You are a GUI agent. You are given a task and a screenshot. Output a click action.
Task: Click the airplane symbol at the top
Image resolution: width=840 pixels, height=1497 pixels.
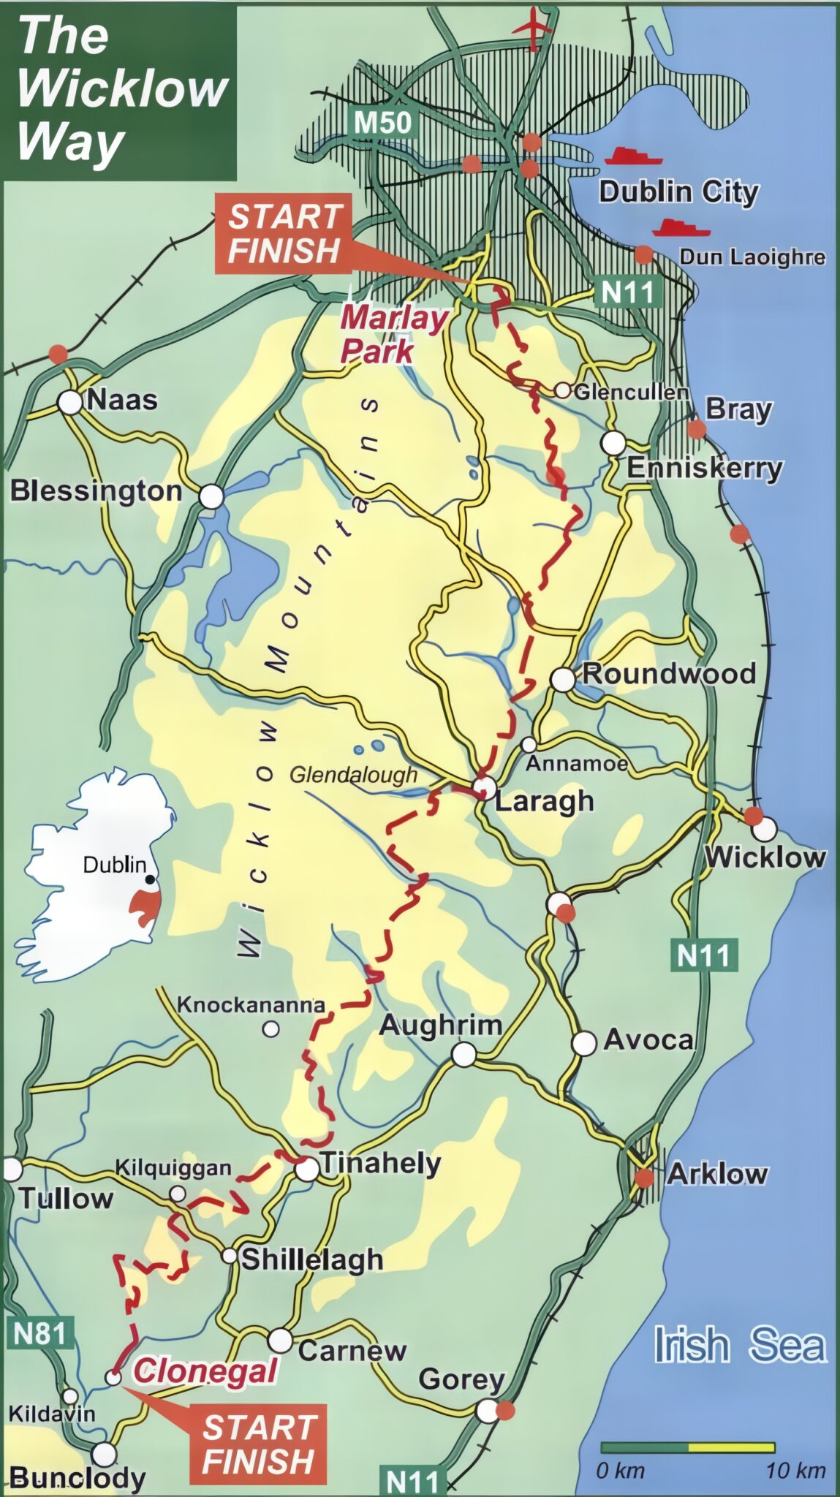tap(533, 25)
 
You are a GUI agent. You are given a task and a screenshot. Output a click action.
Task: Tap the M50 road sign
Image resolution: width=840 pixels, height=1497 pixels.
tap(383, 122)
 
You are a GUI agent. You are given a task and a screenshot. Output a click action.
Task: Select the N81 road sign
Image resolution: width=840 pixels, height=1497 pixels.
tap(40, 1333)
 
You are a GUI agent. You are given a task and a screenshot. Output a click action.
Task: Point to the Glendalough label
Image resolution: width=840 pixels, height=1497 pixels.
tap(353, 775)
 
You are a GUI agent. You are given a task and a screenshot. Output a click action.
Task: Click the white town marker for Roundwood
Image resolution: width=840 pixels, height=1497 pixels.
tap(563, 679)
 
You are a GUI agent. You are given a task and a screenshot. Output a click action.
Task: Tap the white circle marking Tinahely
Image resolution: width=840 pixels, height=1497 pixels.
tap(307, 1170)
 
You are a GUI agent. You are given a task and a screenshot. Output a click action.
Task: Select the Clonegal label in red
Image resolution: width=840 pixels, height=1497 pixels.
tap(205, 1371)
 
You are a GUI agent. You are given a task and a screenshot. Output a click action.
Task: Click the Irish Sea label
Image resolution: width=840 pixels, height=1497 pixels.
tap(739, 1346)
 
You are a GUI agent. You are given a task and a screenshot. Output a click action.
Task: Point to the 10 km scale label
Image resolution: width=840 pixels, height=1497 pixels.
tap(795, 1469)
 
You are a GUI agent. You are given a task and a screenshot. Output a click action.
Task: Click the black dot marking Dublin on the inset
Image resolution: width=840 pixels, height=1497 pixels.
tap(150, 879)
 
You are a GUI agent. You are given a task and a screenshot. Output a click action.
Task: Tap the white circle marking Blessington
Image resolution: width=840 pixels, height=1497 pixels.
tap(211, 497)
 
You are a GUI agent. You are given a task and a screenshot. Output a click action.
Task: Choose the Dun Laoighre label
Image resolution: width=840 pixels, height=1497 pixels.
tap(752, 257)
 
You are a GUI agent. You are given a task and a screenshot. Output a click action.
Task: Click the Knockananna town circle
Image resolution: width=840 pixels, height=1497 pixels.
tap(271, 1029)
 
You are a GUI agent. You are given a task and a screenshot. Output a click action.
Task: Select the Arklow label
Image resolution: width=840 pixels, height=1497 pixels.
tap(717, 1174)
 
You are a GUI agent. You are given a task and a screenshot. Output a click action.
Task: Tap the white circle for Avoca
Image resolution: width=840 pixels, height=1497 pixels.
tap(584, 1043)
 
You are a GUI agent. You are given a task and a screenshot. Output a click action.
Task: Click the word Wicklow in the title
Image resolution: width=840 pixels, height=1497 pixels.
tap(122, 88)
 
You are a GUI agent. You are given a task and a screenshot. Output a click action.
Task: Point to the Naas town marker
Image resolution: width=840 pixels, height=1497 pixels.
tap(70, 402)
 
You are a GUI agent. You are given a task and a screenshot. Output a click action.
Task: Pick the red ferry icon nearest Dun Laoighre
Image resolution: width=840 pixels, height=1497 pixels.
tap(681, 228)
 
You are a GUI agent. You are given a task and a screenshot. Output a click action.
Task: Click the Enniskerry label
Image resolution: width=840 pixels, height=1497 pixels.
tap(704, 468)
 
